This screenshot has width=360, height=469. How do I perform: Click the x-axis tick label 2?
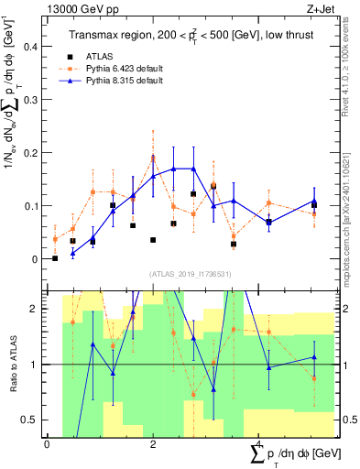coord(153,444)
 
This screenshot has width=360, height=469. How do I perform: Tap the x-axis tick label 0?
coord(47,444)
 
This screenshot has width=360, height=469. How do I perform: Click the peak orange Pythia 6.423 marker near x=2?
coord(153,157)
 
